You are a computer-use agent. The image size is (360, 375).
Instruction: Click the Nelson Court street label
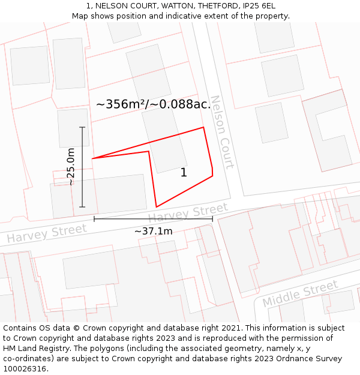coord(221,132)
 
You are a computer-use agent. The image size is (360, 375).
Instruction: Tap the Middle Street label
coord(300,293)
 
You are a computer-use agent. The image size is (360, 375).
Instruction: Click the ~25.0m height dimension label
coord(71,166)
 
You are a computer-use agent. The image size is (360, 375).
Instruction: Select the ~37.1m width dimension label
coord(153,231)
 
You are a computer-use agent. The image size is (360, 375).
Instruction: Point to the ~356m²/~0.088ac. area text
coord(154,104)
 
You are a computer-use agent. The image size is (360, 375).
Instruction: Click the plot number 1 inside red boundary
coord(184,173)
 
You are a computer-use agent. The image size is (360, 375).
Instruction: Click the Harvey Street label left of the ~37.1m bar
coord(47,233)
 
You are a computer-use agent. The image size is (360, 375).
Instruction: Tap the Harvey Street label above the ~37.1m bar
coord(188,213)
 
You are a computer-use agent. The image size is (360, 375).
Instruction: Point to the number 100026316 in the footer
coord(26,369)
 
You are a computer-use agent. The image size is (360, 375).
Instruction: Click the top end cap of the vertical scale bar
coord(82,127)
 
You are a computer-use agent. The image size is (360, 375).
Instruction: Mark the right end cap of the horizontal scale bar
coord(212,219)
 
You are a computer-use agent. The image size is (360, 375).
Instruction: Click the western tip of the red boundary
coord(92,158)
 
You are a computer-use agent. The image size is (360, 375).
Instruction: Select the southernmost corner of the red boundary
coord(157,207)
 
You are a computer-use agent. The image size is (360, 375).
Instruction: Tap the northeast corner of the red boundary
coord(203,127)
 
